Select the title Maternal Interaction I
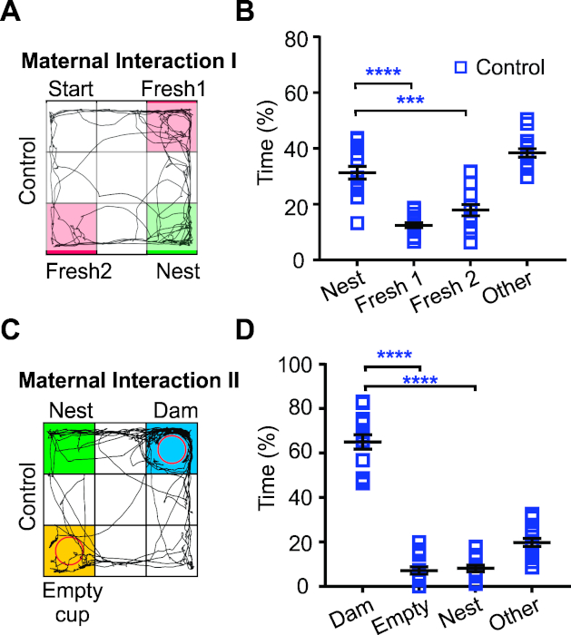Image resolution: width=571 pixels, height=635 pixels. (128, 63)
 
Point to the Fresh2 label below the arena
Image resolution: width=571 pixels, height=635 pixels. (71, 269)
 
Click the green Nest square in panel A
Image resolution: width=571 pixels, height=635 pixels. (172, 227)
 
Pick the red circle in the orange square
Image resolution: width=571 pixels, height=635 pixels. (68, 550)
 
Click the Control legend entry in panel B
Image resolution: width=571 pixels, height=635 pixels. (498, 66)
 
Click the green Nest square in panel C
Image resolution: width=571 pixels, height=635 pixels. (68, 448)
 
